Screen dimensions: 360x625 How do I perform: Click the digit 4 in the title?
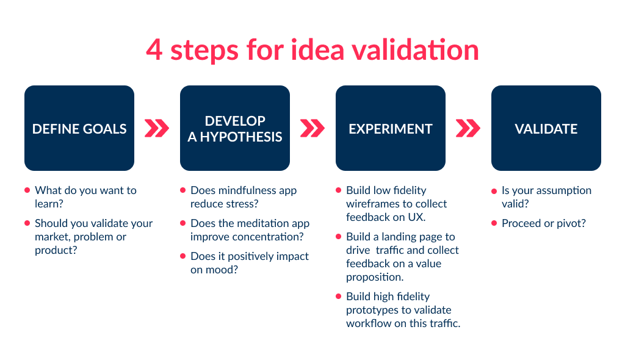[x=154, y=50]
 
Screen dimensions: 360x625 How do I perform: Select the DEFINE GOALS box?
[x=79, y=128]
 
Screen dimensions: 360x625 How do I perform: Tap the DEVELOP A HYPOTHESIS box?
[x=235, y=128]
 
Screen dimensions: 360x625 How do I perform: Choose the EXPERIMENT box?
[x=391, y=128]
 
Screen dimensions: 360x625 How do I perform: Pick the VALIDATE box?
[x=546, y=128]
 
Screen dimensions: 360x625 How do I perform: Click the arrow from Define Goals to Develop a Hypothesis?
[x=157, y=128]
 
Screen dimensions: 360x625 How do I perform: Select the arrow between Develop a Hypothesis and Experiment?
[x=312, y=128]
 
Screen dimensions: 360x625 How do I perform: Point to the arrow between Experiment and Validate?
[x=468, y=128]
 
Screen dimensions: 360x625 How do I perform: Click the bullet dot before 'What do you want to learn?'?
[x=27, y=190]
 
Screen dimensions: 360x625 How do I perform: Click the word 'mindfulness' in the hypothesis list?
[x=242, y=190]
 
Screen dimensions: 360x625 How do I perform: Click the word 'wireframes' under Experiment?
[x=371, y=204]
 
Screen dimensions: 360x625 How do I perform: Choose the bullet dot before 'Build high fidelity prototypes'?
[x=338, y=297]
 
